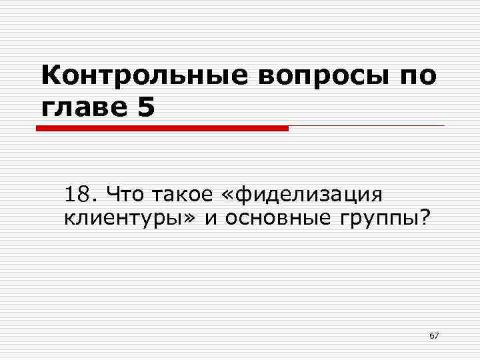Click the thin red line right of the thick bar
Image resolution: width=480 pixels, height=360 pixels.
coord(367,126)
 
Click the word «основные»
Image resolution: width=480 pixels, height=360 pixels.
coord(273,218)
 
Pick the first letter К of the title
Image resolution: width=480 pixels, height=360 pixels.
coord(49,76)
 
